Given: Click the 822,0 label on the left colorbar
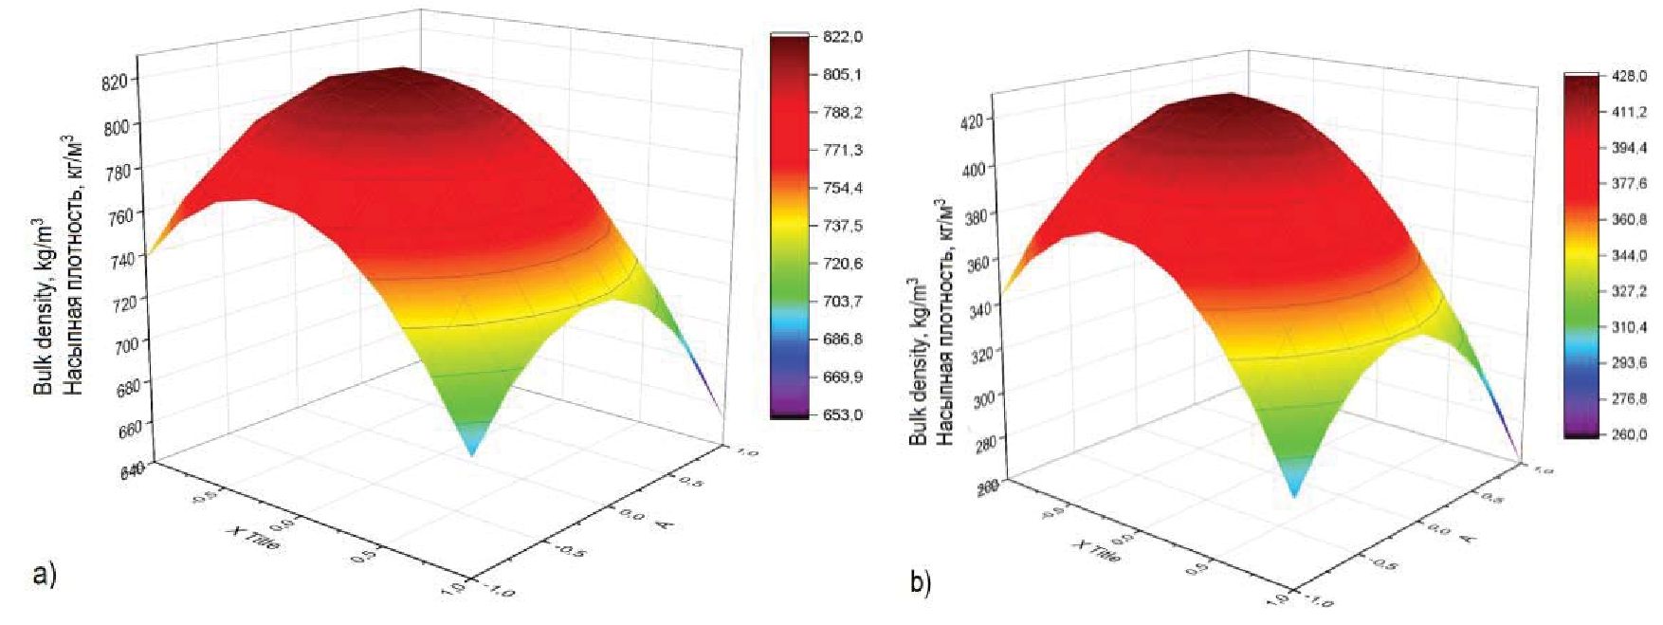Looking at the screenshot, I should click(842, 37).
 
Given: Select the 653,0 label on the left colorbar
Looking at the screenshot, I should click(842, 414).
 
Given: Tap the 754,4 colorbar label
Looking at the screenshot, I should click(842, 188).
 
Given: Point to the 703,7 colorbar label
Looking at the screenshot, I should click(842, 302).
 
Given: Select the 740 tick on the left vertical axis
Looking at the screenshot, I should click(124, 256).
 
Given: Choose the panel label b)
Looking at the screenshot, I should click(921, 583).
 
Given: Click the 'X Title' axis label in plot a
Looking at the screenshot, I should click(253, 542).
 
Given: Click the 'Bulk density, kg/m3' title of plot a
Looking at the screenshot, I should click(44, 303).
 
